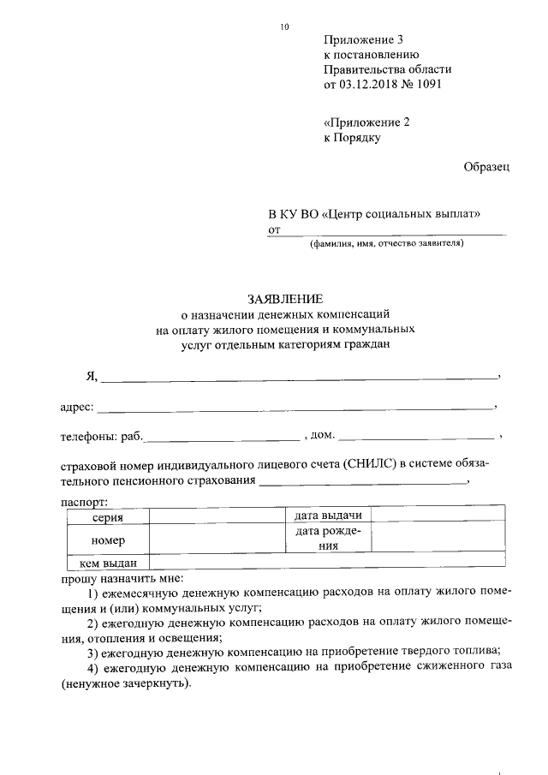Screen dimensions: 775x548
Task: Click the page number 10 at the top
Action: (284, 27)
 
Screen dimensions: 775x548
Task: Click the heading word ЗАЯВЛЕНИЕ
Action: (285, 300)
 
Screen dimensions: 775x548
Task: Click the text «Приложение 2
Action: (366, 122)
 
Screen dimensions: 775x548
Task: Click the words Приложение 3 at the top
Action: (362, 39)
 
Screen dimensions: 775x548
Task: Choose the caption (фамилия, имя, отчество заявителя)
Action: (386, 243)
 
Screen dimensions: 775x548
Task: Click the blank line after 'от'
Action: (394, 233)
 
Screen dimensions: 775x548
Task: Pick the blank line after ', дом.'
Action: (416, 438)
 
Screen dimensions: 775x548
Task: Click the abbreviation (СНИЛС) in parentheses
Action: (371, 467)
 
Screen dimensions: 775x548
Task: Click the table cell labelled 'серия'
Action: (107, 517)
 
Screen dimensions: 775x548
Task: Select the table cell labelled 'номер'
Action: (107, 540)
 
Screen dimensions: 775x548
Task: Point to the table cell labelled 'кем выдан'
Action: (107, 563)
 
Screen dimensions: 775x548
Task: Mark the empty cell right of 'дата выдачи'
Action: (438, 516)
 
